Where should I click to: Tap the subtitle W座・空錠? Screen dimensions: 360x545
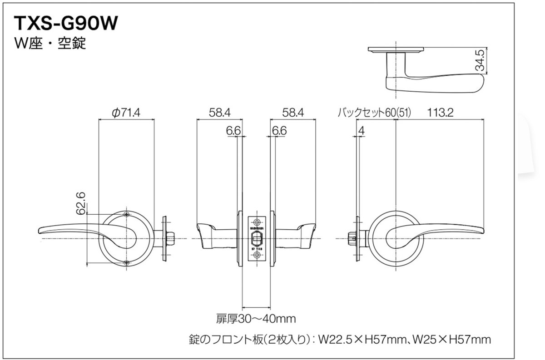[x=50, y=44]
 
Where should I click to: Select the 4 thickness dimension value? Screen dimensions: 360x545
[x=361, y=131]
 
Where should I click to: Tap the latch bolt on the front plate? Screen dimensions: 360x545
[x=257, y=237]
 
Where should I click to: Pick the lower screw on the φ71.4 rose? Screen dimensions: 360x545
[x=126, y=263]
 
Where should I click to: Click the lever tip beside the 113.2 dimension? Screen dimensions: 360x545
[x=477, y=232]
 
